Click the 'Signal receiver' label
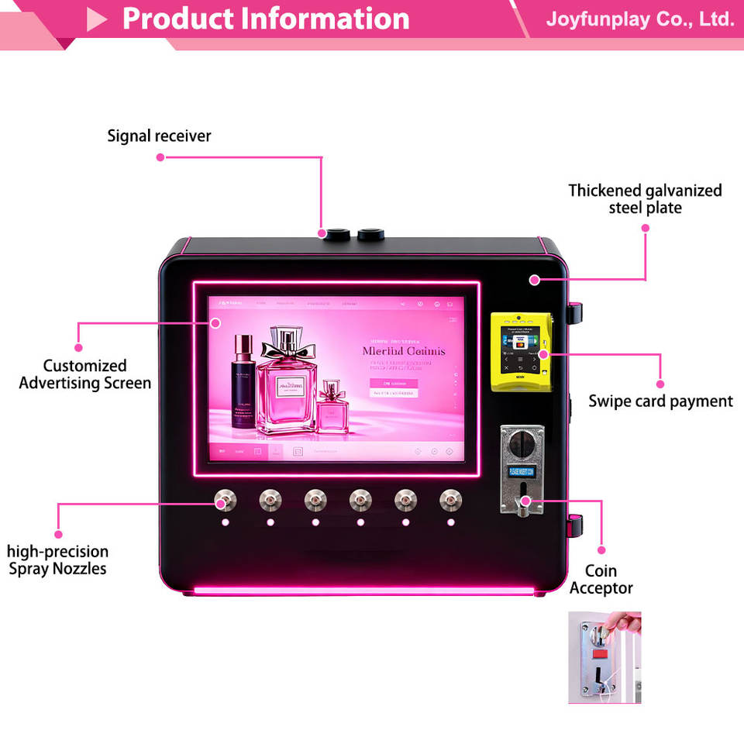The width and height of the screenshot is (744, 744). tap(159, 136)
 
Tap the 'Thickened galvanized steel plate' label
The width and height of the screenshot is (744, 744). tap(645, 199)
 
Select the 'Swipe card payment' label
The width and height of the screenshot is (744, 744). tap(660, 401)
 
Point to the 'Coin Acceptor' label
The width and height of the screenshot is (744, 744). tap(601, 580)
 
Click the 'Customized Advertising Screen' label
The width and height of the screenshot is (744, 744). tap(84, 374)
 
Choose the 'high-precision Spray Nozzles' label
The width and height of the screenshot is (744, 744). tap(57, 560)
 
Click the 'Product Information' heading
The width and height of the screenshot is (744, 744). tap(266, 19)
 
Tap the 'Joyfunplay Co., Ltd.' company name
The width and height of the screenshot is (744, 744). tap(639, 19)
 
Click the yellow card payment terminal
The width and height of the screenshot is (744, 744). tap(522, 352)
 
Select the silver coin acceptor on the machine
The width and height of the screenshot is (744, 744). tap(522, 469)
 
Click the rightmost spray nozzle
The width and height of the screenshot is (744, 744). tap(449, 501)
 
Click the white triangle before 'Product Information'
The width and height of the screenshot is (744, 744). tap(97, 19)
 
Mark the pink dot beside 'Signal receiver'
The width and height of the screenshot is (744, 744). tap(160, 157)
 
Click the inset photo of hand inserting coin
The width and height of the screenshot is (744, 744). tap(604, 657)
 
